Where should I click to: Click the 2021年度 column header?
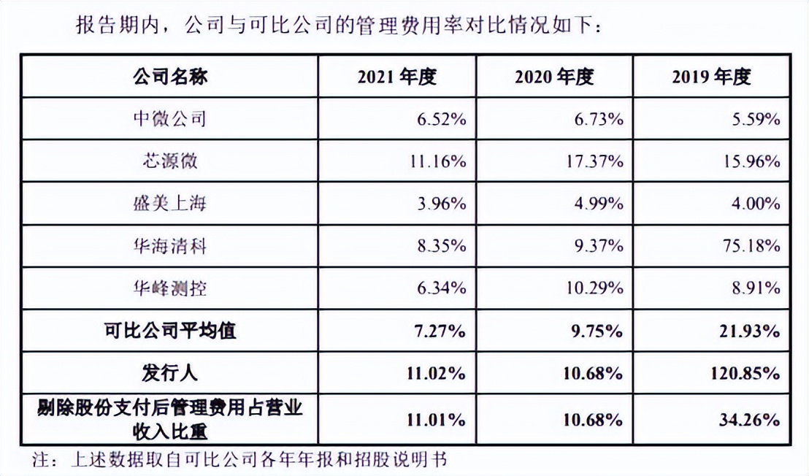click(396, 77)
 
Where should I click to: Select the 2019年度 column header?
click(712, 77)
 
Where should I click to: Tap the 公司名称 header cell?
click(170, 77)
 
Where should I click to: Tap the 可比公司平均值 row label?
click(170, 331)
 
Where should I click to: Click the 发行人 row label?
click(170, 373)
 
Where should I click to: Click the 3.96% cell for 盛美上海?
click(440, 204)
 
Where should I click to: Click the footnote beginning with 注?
click(241, 460)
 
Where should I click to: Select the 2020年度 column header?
click(554, 77)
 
